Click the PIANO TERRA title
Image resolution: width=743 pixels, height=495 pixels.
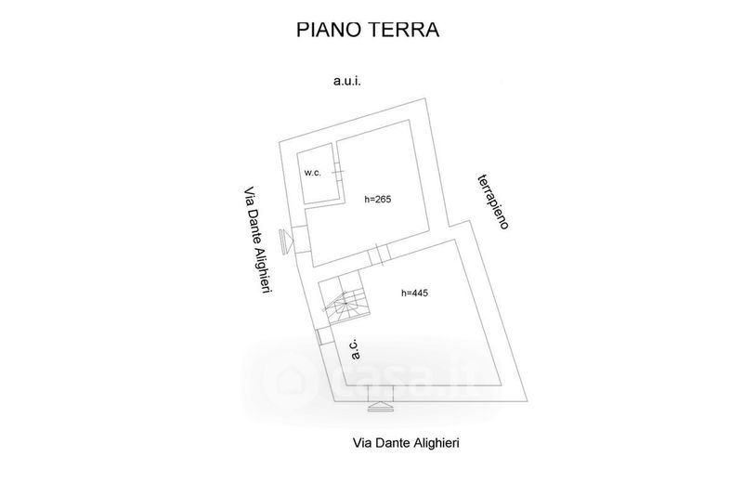(367, 31)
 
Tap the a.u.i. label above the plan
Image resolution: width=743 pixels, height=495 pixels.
(346, 82)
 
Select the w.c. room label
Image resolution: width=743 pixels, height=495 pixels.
(313, 174)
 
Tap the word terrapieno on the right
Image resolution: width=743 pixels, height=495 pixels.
(492, 201)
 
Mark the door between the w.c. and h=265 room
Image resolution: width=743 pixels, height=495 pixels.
(338, 173)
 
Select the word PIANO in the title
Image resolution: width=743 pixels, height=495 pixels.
(327, 31)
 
